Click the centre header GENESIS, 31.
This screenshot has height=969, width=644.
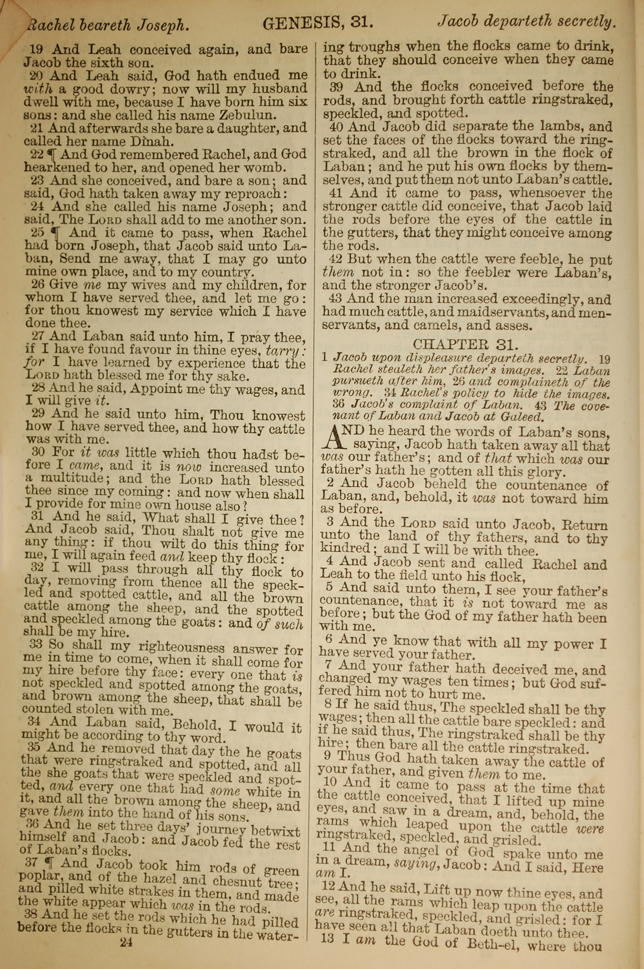(x=318, y=24)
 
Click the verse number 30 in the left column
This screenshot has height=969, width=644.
(x=38, y=452)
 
